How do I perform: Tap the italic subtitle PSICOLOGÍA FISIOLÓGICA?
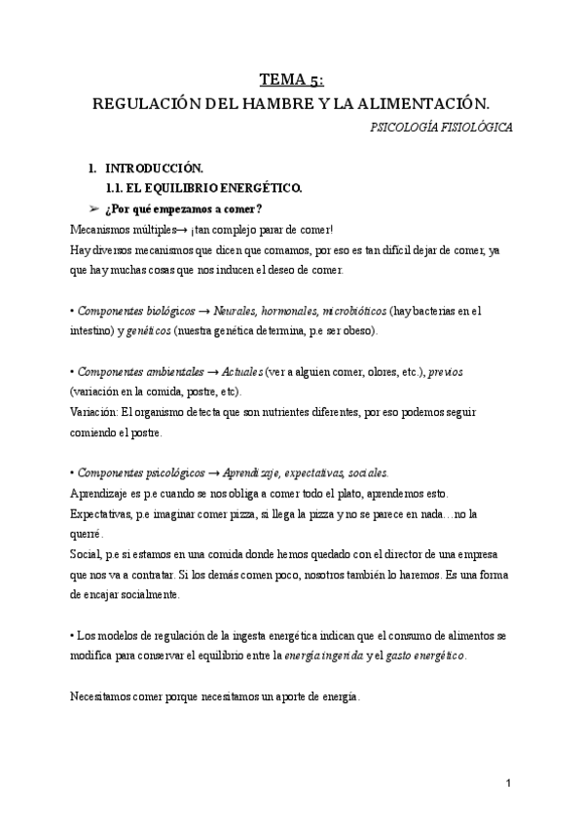(x=443, y=127)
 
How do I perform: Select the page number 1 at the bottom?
(x=508, y=784)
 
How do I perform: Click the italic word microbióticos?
(x=347, y=311)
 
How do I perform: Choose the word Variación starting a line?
(x=91, y=413)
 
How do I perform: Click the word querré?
(x=87, y=535)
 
